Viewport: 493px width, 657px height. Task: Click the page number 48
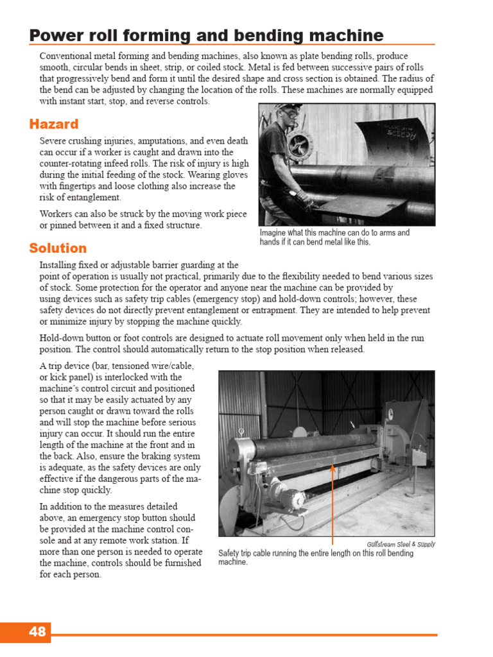[37, 632]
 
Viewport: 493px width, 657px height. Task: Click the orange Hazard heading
[54, 124]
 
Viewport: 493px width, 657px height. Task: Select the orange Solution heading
[58, 248]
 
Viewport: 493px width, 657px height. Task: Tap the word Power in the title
[54, 35]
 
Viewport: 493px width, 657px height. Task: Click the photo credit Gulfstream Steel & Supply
[401, 544]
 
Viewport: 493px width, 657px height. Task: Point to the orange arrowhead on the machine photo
[333, 468]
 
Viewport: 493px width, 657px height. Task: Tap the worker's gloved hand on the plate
[302, 197]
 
